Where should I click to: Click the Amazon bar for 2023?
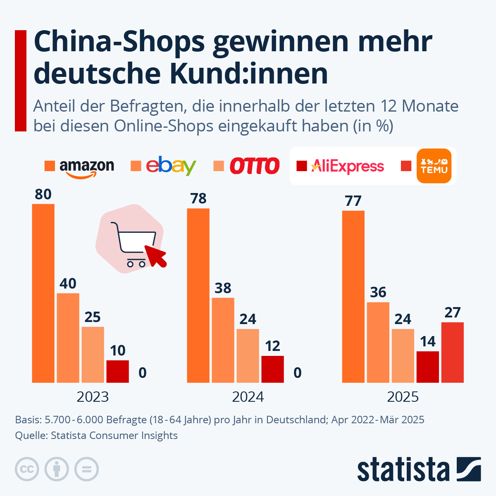click(43, 293)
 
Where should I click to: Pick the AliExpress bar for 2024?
click(272, 369)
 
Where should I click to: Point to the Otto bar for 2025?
click(403, 355)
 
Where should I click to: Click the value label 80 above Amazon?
click(43, 194)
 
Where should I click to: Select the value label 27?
click(452, 312)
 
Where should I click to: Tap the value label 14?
click(427, 341)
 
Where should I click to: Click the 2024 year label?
click(248, 397)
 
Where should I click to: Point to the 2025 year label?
click(403, 397)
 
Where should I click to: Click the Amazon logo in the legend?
click(87, 167)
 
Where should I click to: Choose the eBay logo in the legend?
click(171, 166)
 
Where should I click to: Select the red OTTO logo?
click(255, 166)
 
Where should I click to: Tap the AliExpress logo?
click(347, 166)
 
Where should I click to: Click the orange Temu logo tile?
click(434, 166)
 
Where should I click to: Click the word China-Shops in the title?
click(119, 42)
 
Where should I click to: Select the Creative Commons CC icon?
click(27, 469)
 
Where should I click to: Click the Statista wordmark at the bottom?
click(403, 470)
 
